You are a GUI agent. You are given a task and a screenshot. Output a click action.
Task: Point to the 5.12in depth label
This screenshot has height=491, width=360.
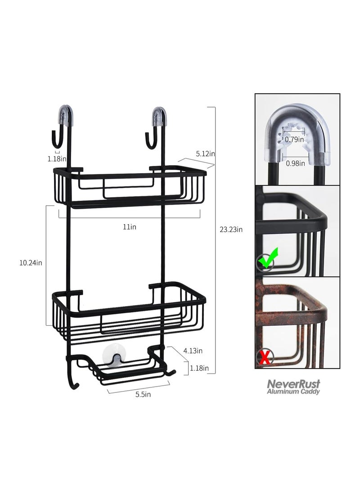point(205,153)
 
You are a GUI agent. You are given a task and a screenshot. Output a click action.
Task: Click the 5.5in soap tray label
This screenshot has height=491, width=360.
point(143,395)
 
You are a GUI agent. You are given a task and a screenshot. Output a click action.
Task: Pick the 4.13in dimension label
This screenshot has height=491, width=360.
point(193,351)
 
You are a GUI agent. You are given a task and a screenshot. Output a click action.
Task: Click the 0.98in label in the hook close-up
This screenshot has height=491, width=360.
point(295,163)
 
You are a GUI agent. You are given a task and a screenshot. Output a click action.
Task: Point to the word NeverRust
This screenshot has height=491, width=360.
point(294,384)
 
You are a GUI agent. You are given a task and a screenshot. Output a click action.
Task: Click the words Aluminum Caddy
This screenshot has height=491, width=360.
point(294,392)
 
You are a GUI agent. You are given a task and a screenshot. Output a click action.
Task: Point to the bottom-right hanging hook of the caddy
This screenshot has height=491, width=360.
point(171,371)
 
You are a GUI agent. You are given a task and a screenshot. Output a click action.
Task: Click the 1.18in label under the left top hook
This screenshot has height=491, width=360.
point(58,158)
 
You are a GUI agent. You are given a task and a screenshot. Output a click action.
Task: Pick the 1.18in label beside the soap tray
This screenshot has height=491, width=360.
point(199,368)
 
